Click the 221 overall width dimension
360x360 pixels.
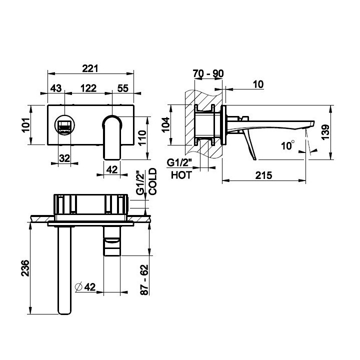click(x=90, y=68)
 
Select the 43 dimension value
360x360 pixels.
click(x=56, y=88)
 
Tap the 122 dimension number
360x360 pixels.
click(x=88, y=88)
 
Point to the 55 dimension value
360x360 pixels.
click(x=123, y=88)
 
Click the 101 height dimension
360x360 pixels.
click(x=26, y=125)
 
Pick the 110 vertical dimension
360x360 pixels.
click(x=142, y=137)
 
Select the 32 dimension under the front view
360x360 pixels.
click(x=64, y=158)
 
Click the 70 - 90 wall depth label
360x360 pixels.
click(x=208, y=73)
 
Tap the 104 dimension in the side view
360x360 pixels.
click(x=166, y=124)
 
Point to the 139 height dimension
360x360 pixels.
click(x=325, y=132)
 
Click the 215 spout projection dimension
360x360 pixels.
click(x=264, y=175)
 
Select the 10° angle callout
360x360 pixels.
click(x=288, y=145)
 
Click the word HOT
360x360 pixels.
click(x=181, y=175)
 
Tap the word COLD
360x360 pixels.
click(x=152, y=181)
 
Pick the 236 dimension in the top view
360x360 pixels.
click(x=25, y=268)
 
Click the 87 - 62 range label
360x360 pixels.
click(x=144, y=280)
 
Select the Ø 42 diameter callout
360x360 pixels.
click(x=85, y=287)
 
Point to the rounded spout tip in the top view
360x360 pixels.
click(x=64, y=311)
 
